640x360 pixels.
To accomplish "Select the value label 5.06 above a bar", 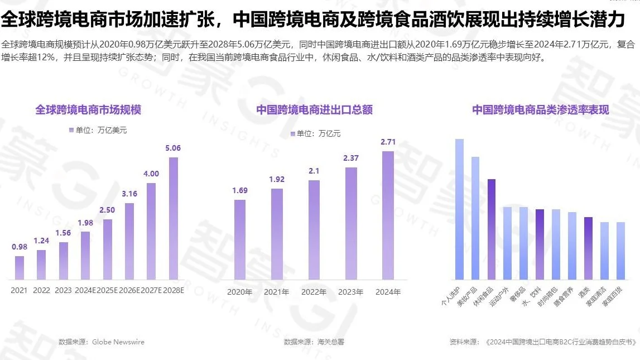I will (x=174, y=148).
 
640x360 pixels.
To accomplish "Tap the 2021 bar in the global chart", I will (x=20, y=267).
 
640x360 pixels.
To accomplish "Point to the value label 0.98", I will (x=20, y=247).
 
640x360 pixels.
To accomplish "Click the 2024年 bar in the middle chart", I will (x=388, y=215).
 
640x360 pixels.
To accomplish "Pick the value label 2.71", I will (x=388, y=142).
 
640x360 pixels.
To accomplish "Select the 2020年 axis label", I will (x=239, y=292).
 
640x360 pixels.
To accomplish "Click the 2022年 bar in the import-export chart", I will (x=314, y=229).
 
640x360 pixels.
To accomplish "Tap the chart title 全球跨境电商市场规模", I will (x=88, y=110).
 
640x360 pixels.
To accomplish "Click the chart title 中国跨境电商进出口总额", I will (x=314, y=110).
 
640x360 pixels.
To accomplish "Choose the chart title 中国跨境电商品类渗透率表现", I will (x=541, y=110).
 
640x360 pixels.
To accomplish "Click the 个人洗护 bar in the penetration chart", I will (x=459, y=209).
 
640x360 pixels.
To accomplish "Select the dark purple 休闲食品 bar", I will (x=492, y=229).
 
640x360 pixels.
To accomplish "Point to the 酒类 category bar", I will (x=588, y=248).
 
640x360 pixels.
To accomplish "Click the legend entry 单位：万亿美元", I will (x=98, y=130).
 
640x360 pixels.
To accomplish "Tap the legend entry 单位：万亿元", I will (x=315, y=133).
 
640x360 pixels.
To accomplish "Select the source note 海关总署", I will (x=314, y=342).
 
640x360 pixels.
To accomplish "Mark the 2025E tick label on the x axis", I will (x=108, y=291).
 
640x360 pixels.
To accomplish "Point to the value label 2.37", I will (x=351, y=158).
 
